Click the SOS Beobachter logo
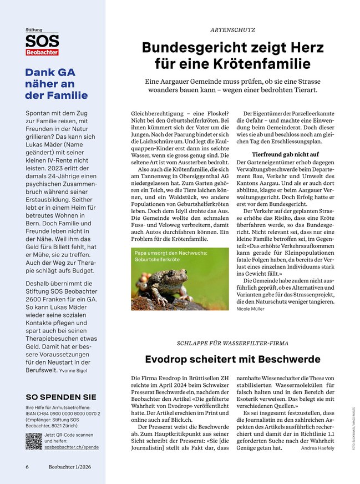(42, 43)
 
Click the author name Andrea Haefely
(318, 447)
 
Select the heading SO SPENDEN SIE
(60, 397)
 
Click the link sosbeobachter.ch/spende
(72, 446)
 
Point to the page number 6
(27, 467)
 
